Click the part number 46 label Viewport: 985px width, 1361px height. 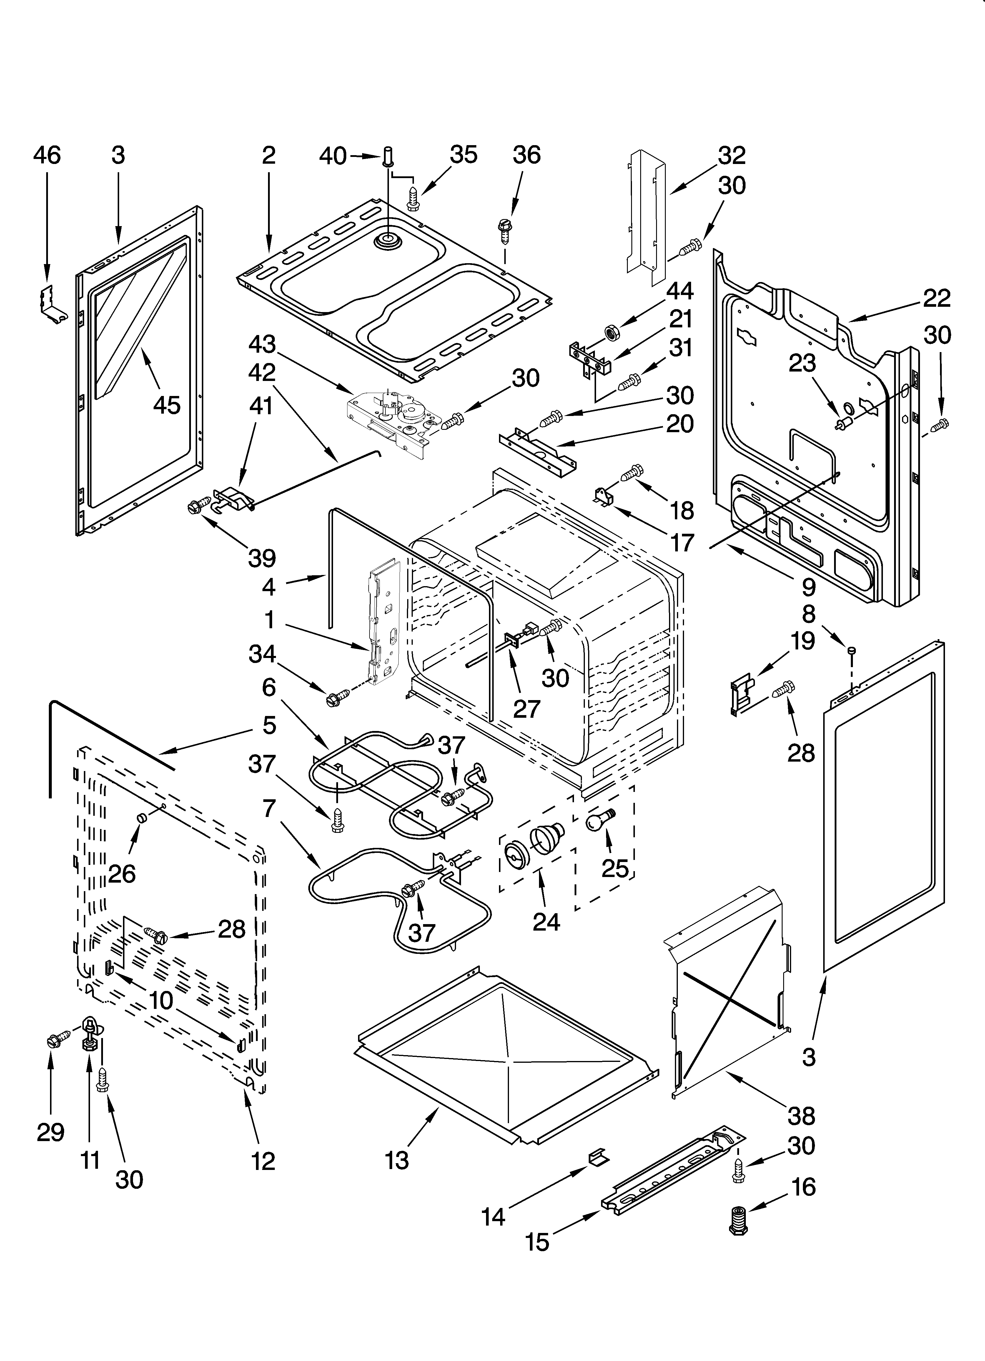tap(47, 155)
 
